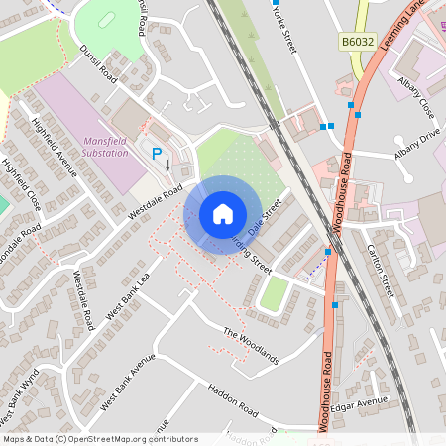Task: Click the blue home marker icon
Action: click(x=223, y=214)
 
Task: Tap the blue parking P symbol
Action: click(x=156, y=154)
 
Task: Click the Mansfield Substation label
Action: click(x=111, y=148)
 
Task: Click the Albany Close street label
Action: click(x=416, y=94)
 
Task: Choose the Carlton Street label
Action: click(x=381, y=271)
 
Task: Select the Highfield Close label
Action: click(x=21, y=184)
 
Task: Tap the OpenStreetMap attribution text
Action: click(x=100, y=439)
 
